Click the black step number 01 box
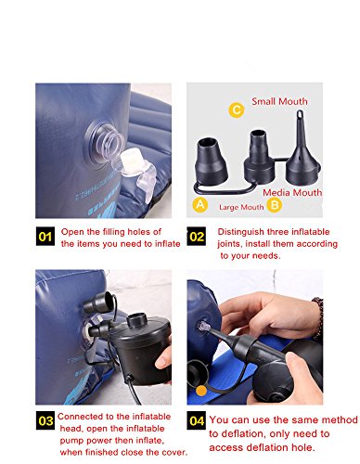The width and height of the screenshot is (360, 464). tap(45, 237)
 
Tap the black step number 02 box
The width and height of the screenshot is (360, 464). tap(197, 237)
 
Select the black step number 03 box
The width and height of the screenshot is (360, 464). tap(45, 420)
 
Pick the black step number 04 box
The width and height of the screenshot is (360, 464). tap(197, 420)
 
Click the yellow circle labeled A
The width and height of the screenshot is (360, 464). tap(200, 205)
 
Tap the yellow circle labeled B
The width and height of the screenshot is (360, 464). tap(275, 205)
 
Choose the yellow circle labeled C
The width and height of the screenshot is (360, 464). tap(237, 110)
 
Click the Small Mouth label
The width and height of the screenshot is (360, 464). tap(279, 101)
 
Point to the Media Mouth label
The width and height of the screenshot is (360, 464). tap(292, 192)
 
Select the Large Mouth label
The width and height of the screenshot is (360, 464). tap(241, 207)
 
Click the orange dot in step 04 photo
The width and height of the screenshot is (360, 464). tap(201, 391)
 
